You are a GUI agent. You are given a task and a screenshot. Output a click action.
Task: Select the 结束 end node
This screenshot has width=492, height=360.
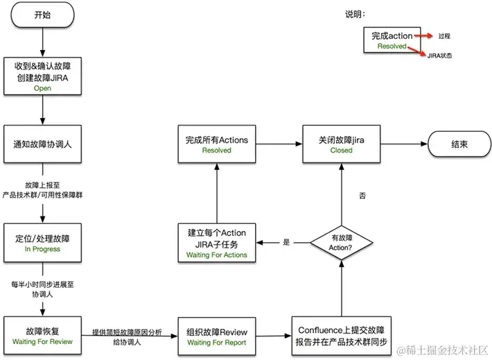point(459,144)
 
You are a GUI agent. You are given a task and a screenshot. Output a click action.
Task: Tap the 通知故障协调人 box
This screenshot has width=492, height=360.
point(42,144)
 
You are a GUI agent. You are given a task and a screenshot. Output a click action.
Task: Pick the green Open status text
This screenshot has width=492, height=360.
point(42,89)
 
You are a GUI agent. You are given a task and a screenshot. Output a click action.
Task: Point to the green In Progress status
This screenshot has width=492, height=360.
point(42,249)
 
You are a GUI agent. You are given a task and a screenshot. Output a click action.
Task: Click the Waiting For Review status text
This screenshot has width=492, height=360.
point(42,342)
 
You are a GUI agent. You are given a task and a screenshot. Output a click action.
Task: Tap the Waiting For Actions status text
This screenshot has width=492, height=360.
point(216,255)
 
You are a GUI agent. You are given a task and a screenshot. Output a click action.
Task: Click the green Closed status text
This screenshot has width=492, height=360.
point(341,150)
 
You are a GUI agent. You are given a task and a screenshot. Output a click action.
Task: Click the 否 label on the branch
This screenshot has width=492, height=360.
point(362,196)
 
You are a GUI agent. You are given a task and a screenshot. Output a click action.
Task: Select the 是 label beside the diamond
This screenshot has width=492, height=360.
point(287,242)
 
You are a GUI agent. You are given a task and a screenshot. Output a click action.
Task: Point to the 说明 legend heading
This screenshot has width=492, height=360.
point(355,15)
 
